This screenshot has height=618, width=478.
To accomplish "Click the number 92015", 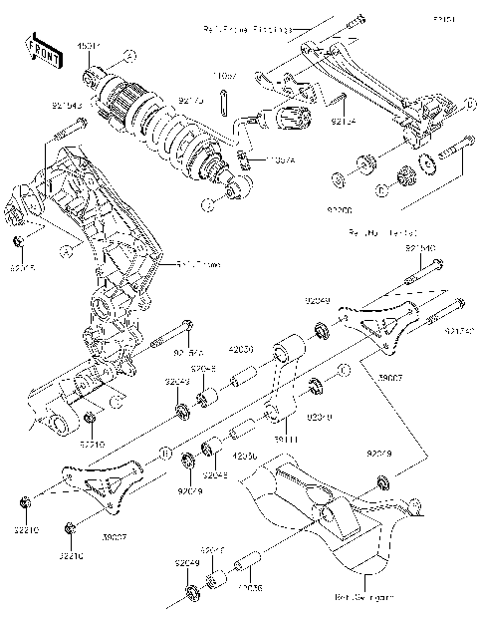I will tap(22, 267).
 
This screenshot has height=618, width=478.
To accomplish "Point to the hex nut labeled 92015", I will tap(19, 243).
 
